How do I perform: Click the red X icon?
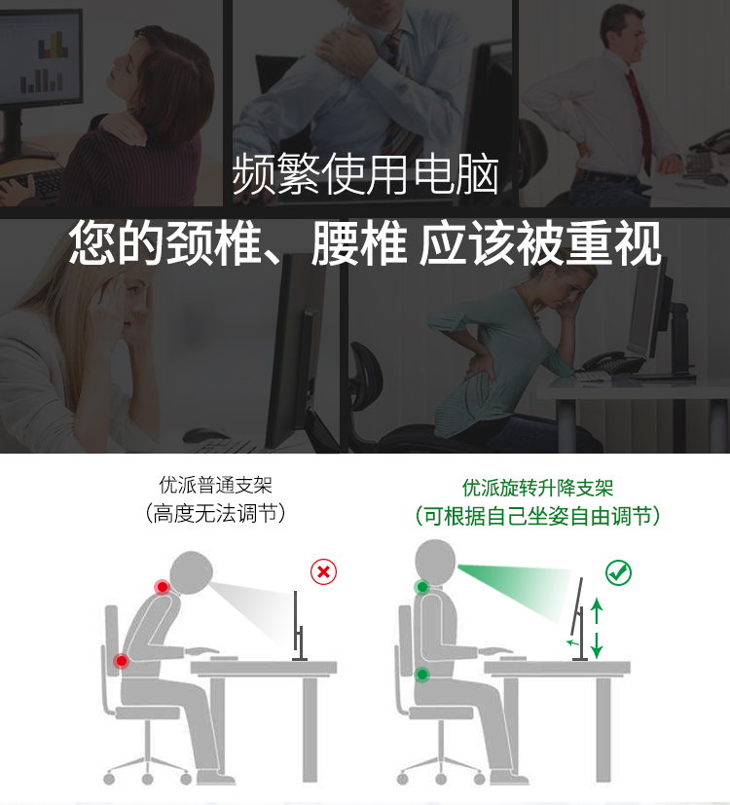(323, 571)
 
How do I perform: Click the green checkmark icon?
(618, 572)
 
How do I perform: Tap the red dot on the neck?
(163, 587)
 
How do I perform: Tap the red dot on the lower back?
(121, 661)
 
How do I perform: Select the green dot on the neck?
(422, 587)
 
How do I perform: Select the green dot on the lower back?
(422, 675)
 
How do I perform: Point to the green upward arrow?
(597, 611)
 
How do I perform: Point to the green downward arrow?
(597, 645)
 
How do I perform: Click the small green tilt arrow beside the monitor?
(572, 642)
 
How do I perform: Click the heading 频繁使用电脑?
(365, 174)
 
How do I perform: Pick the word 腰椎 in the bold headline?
(359, 242)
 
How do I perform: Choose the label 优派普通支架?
(215, 485)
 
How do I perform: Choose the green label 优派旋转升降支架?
(537, 488)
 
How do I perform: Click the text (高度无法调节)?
(215, 513)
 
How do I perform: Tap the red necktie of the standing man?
(639, 119)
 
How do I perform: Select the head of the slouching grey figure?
(191, 573)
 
